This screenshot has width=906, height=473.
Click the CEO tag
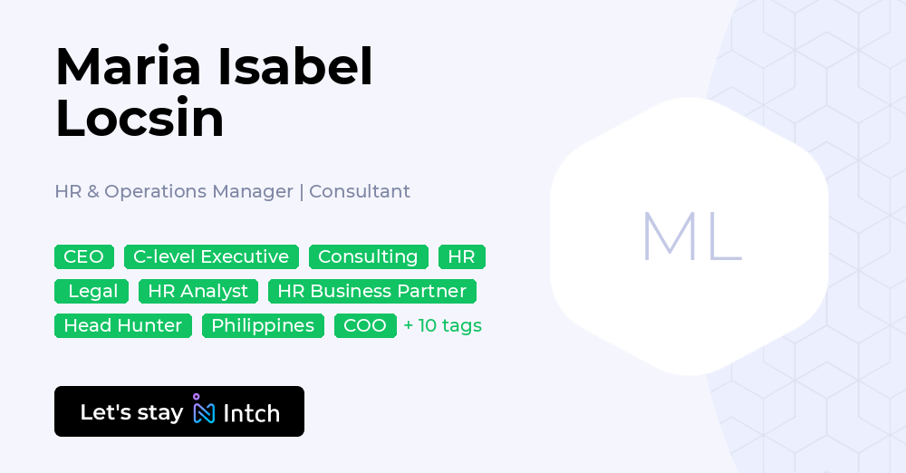(x=83, y=256)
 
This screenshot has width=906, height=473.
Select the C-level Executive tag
(x=211, y=256)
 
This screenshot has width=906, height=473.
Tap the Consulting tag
(x=368, y=256)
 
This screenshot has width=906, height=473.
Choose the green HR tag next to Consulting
(x=462, y=256)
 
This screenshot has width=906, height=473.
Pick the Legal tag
(x=92, y=292)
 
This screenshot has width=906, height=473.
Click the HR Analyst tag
(x=198, y=292)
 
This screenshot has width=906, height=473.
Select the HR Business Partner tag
(x=372, y=292)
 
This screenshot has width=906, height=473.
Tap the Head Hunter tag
(x=123, y=325)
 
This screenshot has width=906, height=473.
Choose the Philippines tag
(x=263, y=325)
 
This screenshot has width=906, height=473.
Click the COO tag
(x=365, y=325)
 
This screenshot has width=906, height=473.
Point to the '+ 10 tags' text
(x=443, y=325)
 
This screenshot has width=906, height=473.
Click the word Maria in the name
(x=129, y=66)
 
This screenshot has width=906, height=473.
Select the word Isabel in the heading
(x=295, y=66)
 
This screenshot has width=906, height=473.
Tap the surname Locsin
(x=140, y=118)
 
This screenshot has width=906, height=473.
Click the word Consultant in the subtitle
(x=360, y=191)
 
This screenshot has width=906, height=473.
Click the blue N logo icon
(x=203, y=409)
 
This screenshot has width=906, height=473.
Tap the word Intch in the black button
(x=251, y=413)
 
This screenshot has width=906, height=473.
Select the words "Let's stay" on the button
(x=131, y=412)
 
